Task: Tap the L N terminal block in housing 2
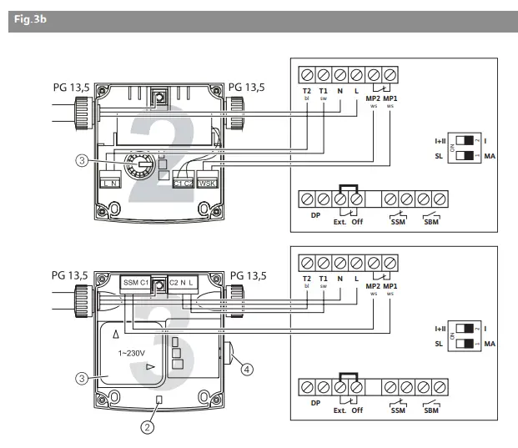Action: point(110,183)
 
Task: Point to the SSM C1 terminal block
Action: point(135,283)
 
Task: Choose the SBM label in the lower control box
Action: point(430,410)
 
